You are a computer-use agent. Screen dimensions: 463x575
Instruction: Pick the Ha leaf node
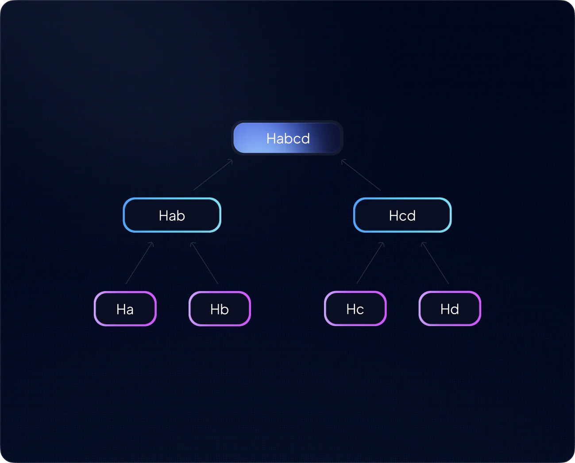click(x=125, y=309)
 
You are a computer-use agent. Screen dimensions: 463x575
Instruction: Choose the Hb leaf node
click(x=220, y=309)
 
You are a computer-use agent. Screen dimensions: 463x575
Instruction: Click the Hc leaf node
click(x=355, y=309)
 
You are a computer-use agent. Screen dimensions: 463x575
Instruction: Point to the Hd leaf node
click(x=450, y=309)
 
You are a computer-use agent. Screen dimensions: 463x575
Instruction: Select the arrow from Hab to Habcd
click(x=212, y=175)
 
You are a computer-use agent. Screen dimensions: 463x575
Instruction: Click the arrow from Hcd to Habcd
click(x=361, y=175)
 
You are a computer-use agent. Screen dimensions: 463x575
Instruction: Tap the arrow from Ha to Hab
click(x=139, y=263)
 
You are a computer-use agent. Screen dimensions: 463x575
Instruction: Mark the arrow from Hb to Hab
click(x=205, y=263)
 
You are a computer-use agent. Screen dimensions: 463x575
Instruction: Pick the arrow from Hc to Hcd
click(x=370, y=263)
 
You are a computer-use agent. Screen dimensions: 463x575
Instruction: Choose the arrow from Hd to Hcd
click(x=435, y=263)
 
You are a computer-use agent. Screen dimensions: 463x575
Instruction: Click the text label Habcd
click(x=288, y=138)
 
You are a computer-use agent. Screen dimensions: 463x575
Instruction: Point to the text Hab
click(x=172, y=216)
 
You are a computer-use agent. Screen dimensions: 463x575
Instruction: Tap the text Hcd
click(x=402, y=216)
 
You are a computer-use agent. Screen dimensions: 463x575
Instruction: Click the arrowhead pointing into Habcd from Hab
click(x=231, y=161)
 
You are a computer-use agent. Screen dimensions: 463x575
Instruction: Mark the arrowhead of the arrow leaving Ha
click(x=152, y=244)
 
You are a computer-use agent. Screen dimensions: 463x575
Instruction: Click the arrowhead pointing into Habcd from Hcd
click(x=343, y=161)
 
